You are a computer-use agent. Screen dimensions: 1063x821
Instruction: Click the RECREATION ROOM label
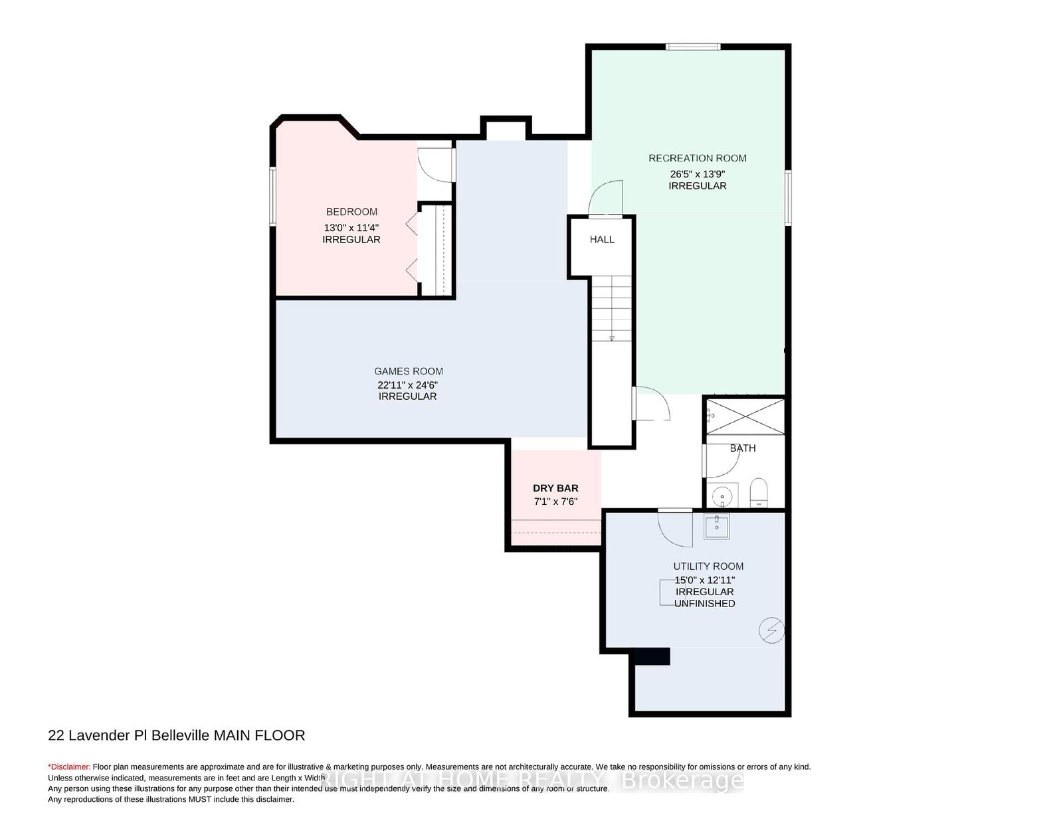[x=697, y=158]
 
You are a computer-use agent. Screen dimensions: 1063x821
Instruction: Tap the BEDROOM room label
[x=351, y=212]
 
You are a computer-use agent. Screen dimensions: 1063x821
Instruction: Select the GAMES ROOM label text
[x=408, y=371]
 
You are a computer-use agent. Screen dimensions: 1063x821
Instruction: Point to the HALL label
[x=602, y=239]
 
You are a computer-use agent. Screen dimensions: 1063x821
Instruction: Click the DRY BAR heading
[x=555, y=488]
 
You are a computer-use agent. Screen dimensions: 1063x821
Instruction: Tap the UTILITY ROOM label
[x=708, y=566]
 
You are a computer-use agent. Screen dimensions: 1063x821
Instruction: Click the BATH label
[x=743, y=448]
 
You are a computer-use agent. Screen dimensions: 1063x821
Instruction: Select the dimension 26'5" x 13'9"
[x=697, y=173]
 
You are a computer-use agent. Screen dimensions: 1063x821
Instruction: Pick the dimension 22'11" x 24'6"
[x=407, y=385]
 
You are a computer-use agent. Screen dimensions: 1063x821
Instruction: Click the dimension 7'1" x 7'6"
[x=555, y=502]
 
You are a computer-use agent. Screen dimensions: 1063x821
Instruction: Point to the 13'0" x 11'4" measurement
[x=351, y=227]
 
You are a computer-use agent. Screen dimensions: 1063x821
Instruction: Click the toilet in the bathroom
[x=759, y=492]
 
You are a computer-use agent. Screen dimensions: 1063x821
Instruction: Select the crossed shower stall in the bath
[x=745, y=416]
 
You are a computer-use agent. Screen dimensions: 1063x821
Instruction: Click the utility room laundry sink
[x=717, y=526]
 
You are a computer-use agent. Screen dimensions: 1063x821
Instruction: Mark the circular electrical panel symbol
[x=771, y=630]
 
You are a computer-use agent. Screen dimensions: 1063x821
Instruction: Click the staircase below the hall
[x=611, y=308]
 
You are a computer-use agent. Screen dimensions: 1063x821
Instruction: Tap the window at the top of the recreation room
[x=693, y=47]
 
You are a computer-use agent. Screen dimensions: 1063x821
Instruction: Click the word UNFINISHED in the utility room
[x=704, y=603]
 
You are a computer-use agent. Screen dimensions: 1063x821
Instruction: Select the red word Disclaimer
[x=69, y=767]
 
